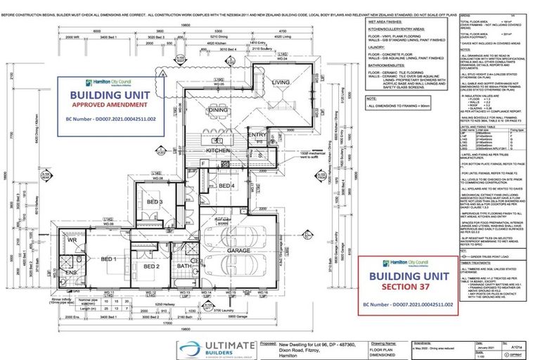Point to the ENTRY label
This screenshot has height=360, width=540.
(257, 134)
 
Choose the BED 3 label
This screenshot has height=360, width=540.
(155, 202)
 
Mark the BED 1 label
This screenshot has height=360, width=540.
(108, 260)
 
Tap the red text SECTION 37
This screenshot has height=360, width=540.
(409, 288)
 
